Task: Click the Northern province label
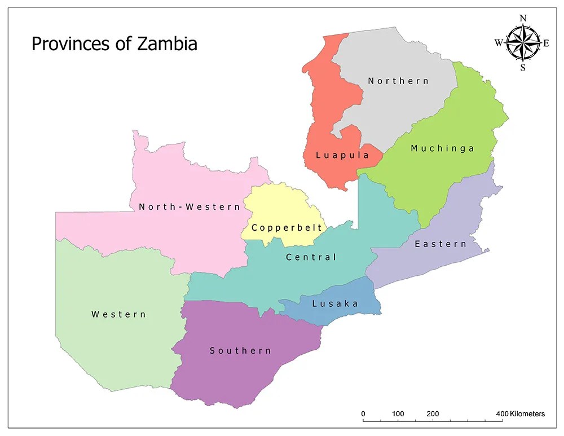tap(398, 81)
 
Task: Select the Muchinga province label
tap(442, 149)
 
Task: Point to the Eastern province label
tap(440, 244)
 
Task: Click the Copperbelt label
tap(287, 228)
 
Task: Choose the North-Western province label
tap(190, 207)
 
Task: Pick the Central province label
tap(311, 257)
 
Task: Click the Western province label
tap(118, 314)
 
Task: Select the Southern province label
tap(240, 351)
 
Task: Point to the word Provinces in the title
tap(73, 44)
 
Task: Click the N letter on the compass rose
tap(523, 19)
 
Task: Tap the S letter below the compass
tap(523, 68)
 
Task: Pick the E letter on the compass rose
tap(546, 43)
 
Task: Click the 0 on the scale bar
tap(363, 414)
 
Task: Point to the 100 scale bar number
tap(398, 414)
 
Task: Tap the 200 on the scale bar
tap(433, 414)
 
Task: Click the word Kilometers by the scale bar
tap(527, 414)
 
